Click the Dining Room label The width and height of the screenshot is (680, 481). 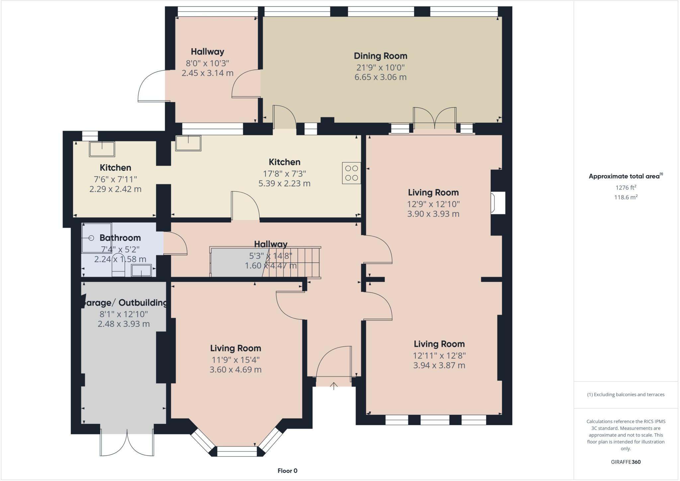click(380, 56)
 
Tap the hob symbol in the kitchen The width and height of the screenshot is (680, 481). click(351, 173)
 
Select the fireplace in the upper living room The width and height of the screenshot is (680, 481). click(498, 203)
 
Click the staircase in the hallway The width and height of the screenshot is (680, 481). click(292, 263)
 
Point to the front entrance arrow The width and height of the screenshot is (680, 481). click(334, 386)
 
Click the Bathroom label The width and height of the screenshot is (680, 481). click(120, 238)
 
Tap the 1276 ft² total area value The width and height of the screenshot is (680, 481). click(626, 187)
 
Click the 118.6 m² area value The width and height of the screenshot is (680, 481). click(626, 197)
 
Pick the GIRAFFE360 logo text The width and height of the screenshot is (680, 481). click(626, 462)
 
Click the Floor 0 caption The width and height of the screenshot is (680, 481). click(288, 471)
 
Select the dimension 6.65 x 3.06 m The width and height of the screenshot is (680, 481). click(380, 77)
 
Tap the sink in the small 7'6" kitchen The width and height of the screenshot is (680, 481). click(102, 149)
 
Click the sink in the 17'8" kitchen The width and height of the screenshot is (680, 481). click(188, 143)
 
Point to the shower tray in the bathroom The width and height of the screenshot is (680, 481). click(97, 238)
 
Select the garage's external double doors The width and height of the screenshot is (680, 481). click(127, 444)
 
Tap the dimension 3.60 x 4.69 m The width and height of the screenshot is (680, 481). click(235, 369)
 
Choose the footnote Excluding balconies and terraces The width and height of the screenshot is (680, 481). click(626, 395)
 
